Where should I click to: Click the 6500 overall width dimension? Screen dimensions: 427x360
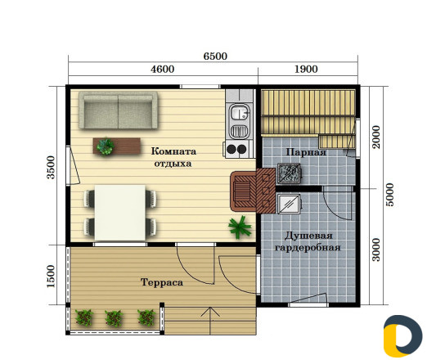(x=215, y=56)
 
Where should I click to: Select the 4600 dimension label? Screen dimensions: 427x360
(x=163, y=69)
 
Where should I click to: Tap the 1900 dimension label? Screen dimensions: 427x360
(x=306, y=69)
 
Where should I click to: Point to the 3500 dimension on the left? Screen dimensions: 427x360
(x=51, y=167)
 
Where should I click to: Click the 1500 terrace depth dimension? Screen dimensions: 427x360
(x=51, y=276)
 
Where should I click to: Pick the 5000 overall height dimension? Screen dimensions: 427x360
(x=390, y=195)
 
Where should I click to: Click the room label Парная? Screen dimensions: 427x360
(x=306, y=152)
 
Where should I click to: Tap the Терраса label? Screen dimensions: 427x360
(x=162, y=282)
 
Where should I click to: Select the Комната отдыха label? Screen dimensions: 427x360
(x=173, y=157)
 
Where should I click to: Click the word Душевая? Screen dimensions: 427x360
(x=308, y=236)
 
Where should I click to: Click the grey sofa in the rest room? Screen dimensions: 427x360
(x=118, y=110)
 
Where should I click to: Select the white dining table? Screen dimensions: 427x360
(x=120, y=213)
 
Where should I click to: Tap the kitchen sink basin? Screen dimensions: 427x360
(x=240, y=112)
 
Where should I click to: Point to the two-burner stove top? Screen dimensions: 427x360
(x=236, y=149)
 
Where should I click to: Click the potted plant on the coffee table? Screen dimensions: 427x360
(x=106, y=146)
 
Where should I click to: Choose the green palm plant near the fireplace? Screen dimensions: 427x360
(x=240, y=227)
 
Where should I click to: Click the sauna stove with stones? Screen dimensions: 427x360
(x=289, y=173)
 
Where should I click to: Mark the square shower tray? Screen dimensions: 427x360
(x=289, y=204)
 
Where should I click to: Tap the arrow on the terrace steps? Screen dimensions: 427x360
(x=210, y=321)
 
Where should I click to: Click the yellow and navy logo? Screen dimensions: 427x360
(x=402, y=336)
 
